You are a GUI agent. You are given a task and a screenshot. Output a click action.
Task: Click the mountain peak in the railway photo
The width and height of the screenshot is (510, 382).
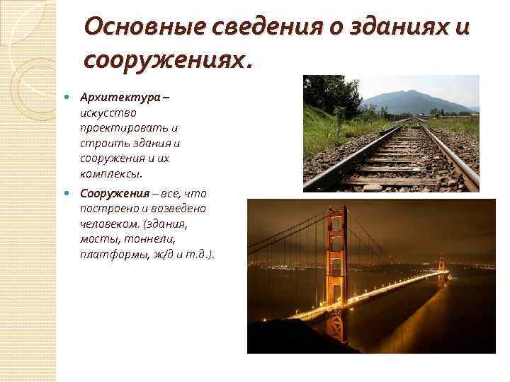[x=409, y=93]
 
